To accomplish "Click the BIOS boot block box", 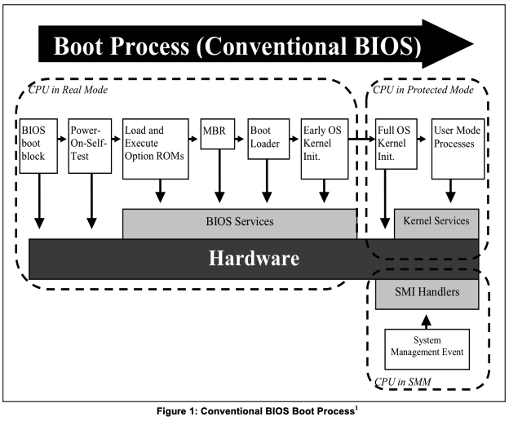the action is (x=38, y=146).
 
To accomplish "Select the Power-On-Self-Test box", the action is (x=90, y=146).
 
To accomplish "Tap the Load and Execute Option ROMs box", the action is (x=156, y=148).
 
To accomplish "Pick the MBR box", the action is (x=218, y=134).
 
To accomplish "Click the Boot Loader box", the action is (x=268, y=139).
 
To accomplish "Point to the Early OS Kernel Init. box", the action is (x=325, y=148).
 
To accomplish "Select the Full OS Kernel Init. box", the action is (x=396, y=144).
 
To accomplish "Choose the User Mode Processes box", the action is (x=458, y=148).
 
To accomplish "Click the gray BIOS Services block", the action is (x=240, y=224).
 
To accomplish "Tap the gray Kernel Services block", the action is (x=436, y=224).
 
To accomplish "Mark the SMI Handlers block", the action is (x=427, y=294).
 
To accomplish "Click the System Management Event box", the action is (x=427, y=349).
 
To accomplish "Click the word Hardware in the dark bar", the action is (x=254, y=259).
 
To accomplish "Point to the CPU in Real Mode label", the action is (x=68, y=90).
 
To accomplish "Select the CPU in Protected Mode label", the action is (x=423, y=90).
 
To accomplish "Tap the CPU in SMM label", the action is (x=403, y=382).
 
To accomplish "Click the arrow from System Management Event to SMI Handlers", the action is (x=427, y=321).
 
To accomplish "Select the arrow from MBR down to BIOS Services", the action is (x=219, y=176).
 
